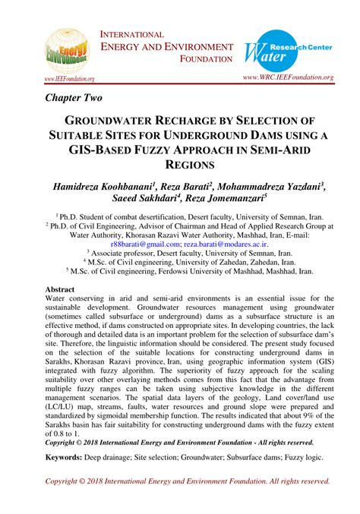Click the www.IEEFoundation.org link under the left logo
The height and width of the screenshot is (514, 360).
69,78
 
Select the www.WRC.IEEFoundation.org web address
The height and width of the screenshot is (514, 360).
288,77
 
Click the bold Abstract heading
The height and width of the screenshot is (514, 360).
60,290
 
